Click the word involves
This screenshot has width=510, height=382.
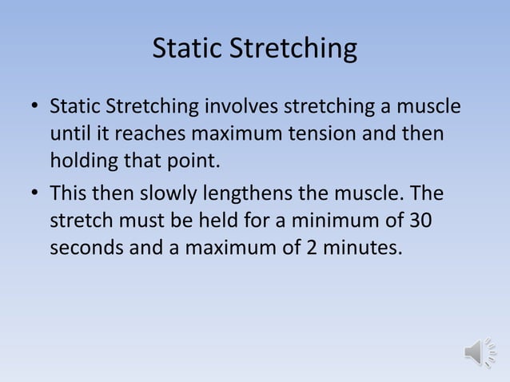[242, 106]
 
